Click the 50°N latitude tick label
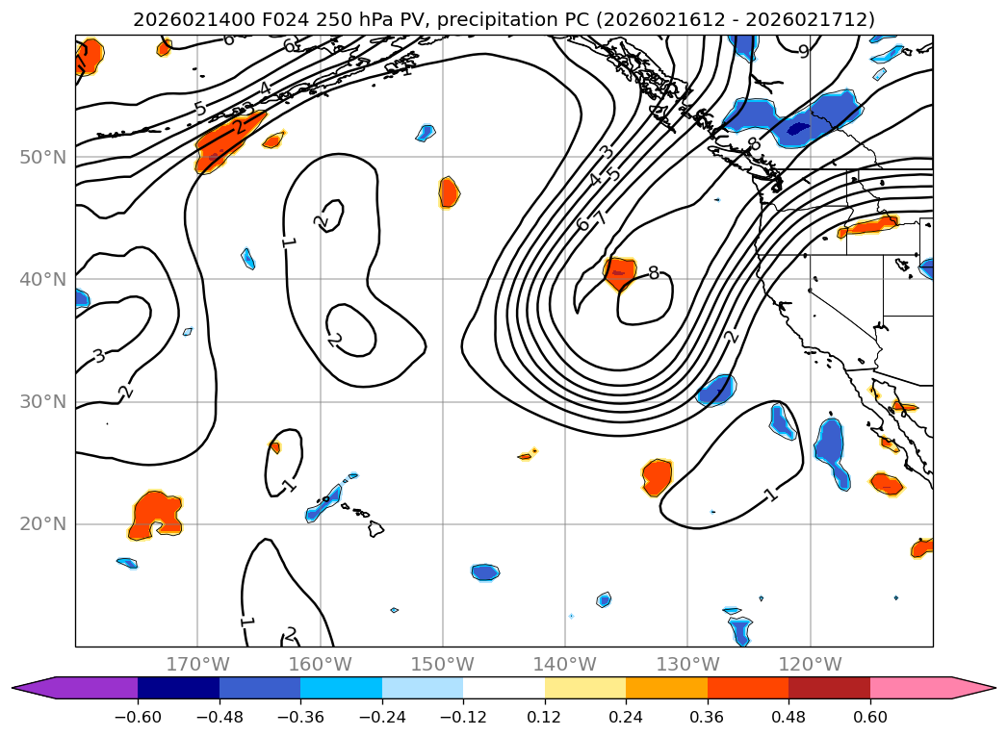pyautogui.click(x=42, y=157)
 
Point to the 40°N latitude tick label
pyautogui.click(x=42, y=279)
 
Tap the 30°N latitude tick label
pyautogui.click(x=42, y=401)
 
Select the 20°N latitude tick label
pyautogui.click(x=42, y=524)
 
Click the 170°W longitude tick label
pyautogui.click(x=197, y=664)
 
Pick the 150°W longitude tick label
pyautogui.click(x=442, y=664)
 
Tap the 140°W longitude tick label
pyautogui.click(x=564, y=664)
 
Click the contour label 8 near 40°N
pyautogui.click(x=654, y=273)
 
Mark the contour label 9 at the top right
pyautogui.click(x=804, y=52)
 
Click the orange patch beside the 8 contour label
pyautogui.click(x=619, y=272)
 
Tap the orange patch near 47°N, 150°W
pyautogui.click(x=449, y=190)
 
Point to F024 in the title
pyautogui.click(x=255, y=19)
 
